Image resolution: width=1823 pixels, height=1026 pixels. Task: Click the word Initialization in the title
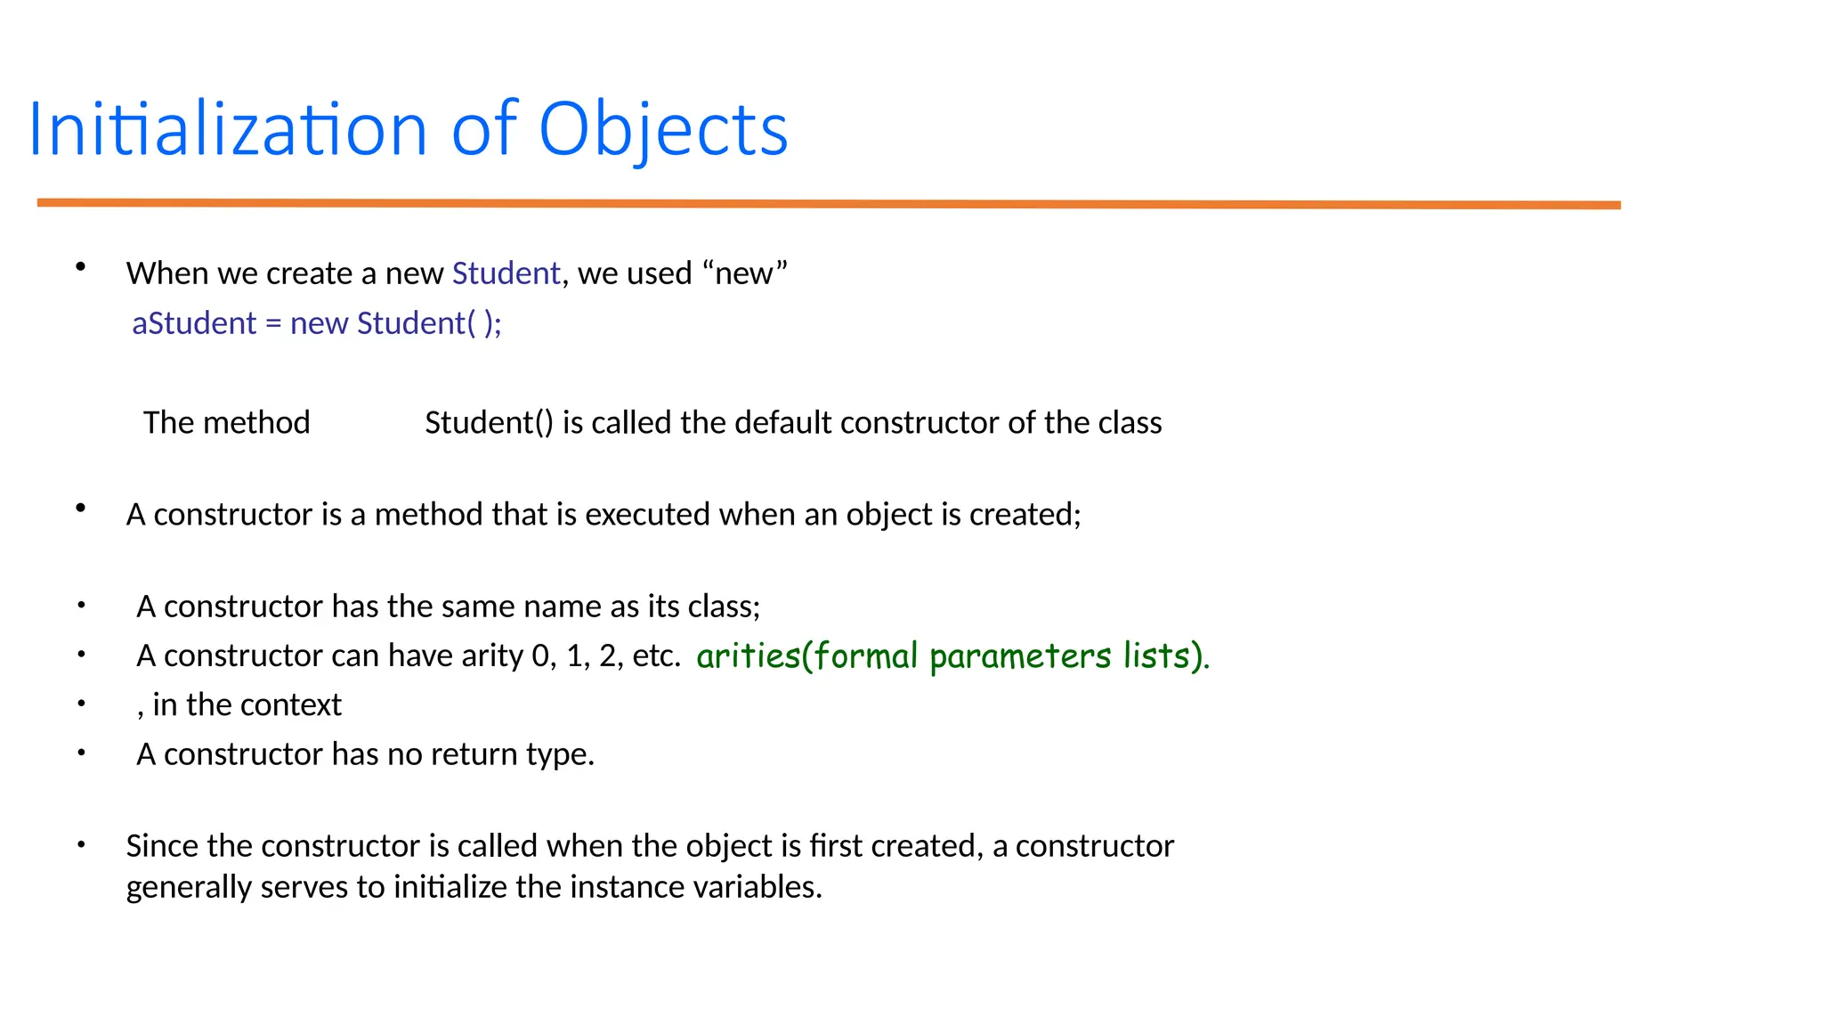pos(228,130)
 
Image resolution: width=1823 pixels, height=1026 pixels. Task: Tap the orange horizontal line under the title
pos(828,204)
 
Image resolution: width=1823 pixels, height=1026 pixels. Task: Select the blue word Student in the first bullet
pos(506,273)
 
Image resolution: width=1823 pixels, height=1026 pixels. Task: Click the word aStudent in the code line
pos(194,323)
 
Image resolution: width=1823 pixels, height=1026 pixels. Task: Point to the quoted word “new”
pos(744,273)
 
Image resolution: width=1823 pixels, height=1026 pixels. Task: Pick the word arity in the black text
pos(491,655)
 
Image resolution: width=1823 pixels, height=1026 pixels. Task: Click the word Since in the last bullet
pos(162,846)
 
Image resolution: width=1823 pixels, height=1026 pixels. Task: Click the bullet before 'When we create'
pos(81,266)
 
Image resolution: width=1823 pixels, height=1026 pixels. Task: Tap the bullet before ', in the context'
pos(81,704)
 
